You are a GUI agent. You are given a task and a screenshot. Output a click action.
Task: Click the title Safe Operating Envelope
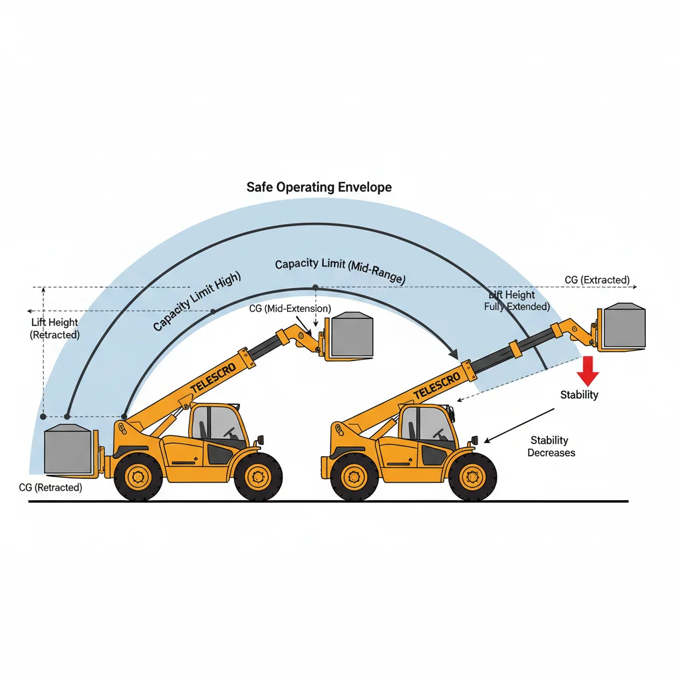319,187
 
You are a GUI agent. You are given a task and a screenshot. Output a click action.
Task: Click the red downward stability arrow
587,370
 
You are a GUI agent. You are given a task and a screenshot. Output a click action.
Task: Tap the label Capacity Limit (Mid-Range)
340,269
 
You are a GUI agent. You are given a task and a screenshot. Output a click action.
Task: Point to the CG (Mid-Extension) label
289,309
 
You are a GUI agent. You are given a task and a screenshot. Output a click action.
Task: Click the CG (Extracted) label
597,280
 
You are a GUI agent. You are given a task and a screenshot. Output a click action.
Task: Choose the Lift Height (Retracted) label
55,329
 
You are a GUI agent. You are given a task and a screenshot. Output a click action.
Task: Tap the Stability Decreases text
551,446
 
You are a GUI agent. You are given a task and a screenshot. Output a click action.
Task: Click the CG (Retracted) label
51,487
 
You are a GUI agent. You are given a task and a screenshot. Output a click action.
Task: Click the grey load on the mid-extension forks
351,335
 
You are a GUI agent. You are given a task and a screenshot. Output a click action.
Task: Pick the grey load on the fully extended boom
624,326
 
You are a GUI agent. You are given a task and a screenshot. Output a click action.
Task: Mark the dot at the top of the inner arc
315,287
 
